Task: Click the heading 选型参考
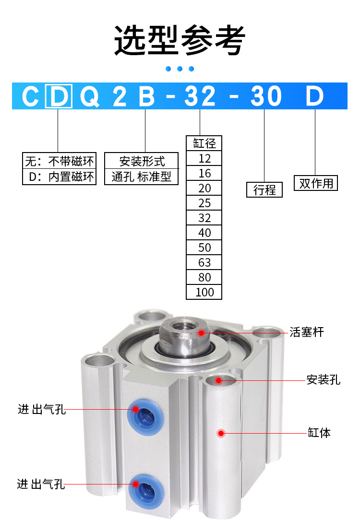click(x=180, y=40)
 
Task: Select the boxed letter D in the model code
click(x=59, y=96)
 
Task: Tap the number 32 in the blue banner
click(x=200, y=96)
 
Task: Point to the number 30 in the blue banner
click(x=265, y=96)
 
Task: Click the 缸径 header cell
click(x=204, y=143)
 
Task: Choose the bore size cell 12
click(x=204, y=158)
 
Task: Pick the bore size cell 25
click(x=204, y=203)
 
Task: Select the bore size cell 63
click(x=204, y=262)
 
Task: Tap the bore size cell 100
click(x=204, y=292)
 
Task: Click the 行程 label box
click(x=264, y=190)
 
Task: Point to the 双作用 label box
click(x=316, y=183)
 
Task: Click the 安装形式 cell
click(x=141, y=160)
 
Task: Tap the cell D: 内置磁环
click(x=60, y=177)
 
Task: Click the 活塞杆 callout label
click(x=307, y=332)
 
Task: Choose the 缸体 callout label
click(x=319, y=433)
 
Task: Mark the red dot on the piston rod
click(x=202, y=332)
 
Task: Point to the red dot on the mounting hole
click(x=219, y=380)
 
